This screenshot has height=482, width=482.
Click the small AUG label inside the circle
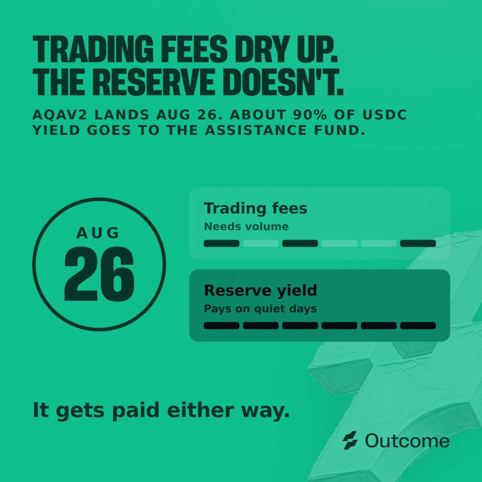point(98,233)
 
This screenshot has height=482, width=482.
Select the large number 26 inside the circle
point(99,274)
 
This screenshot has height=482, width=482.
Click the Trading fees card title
point(255,208)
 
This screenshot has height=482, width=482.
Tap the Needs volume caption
point(246,226)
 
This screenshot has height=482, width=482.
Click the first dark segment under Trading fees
point(221,243)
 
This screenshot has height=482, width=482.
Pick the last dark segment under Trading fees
point(418,243)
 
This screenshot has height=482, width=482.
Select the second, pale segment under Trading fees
point(261,243)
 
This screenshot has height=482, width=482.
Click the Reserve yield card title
point(261,290)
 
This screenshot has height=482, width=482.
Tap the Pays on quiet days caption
point(260,309)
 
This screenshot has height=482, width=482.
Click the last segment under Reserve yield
point(418,326)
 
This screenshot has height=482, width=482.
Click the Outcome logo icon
point(350,440)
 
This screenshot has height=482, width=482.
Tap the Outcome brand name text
point(407,441)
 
